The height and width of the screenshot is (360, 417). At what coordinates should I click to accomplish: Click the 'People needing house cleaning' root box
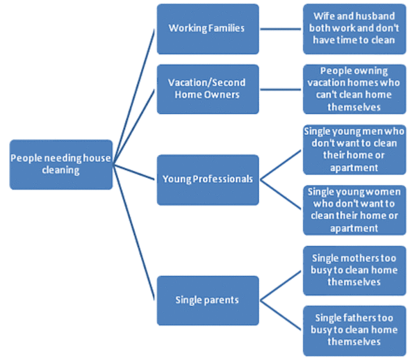[61, 165]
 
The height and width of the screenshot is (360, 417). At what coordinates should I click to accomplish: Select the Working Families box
[208, 29]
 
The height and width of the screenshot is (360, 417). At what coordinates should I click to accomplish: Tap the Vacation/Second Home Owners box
[208, 89]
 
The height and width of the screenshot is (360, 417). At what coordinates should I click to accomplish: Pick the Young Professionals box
[208, 180]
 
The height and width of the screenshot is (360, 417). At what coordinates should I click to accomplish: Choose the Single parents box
[208, 300]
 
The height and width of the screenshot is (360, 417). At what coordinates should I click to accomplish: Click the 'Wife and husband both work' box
[354, 29]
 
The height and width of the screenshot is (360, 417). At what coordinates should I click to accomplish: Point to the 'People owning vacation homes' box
[354, 89]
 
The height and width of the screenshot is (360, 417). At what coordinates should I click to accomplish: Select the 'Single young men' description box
[354, 149]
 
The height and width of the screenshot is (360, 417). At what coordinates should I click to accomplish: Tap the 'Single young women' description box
[354, 210]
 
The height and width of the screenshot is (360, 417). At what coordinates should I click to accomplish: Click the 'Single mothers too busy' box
[354, 270]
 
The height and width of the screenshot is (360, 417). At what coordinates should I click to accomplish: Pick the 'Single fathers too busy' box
[354, 331]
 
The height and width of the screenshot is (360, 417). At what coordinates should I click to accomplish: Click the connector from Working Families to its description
[281, 29]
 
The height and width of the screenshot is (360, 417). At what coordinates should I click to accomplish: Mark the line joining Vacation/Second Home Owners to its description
[281, 90]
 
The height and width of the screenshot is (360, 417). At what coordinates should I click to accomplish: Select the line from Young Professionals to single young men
[281, 165]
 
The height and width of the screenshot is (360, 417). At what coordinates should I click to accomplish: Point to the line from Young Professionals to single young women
[281, 195]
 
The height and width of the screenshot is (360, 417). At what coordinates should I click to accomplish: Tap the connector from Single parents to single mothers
[281, 286]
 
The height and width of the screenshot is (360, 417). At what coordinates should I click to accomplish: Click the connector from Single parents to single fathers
[281, 316]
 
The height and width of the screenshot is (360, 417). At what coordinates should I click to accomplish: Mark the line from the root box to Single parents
[133, 232]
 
